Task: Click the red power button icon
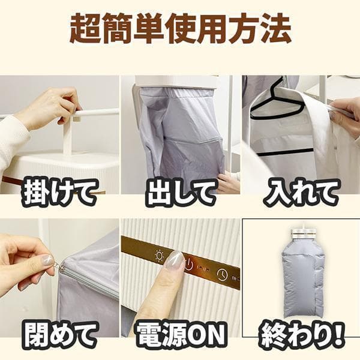(x=189, y=265)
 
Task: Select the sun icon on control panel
(x=160, y=254)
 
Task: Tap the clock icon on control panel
(x=223, y=275)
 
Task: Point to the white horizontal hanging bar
(x=99, y=112)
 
